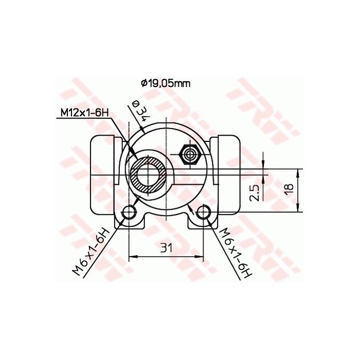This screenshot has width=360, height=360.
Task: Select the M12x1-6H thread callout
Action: [83, 113]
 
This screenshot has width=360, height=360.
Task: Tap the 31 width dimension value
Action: [165, 248]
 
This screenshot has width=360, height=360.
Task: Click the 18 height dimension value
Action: [290, 189]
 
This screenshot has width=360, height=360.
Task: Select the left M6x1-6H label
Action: [91, 253]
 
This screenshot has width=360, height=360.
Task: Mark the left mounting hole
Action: [129, 212]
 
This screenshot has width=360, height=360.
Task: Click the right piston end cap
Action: [229, 175]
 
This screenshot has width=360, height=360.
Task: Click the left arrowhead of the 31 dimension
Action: [132, 256]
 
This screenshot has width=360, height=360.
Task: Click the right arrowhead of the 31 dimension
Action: [202, 256]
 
